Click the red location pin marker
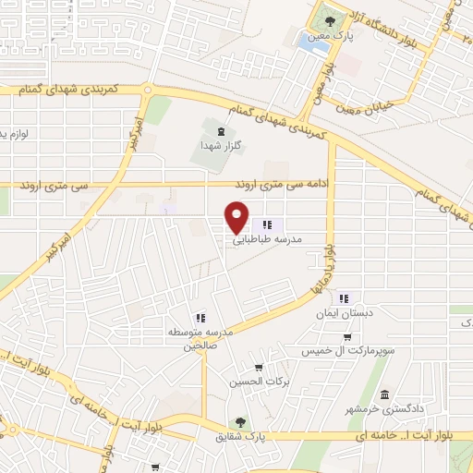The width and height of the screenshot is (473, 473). click(238, 217)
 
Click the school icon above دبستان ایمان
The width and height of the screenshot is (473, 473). click(345, 298)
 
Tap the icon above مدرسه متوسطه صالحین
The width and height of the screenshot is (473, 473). click(199, 318)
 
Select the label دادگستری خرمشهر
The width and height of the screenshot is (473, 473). click(384, 407)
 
